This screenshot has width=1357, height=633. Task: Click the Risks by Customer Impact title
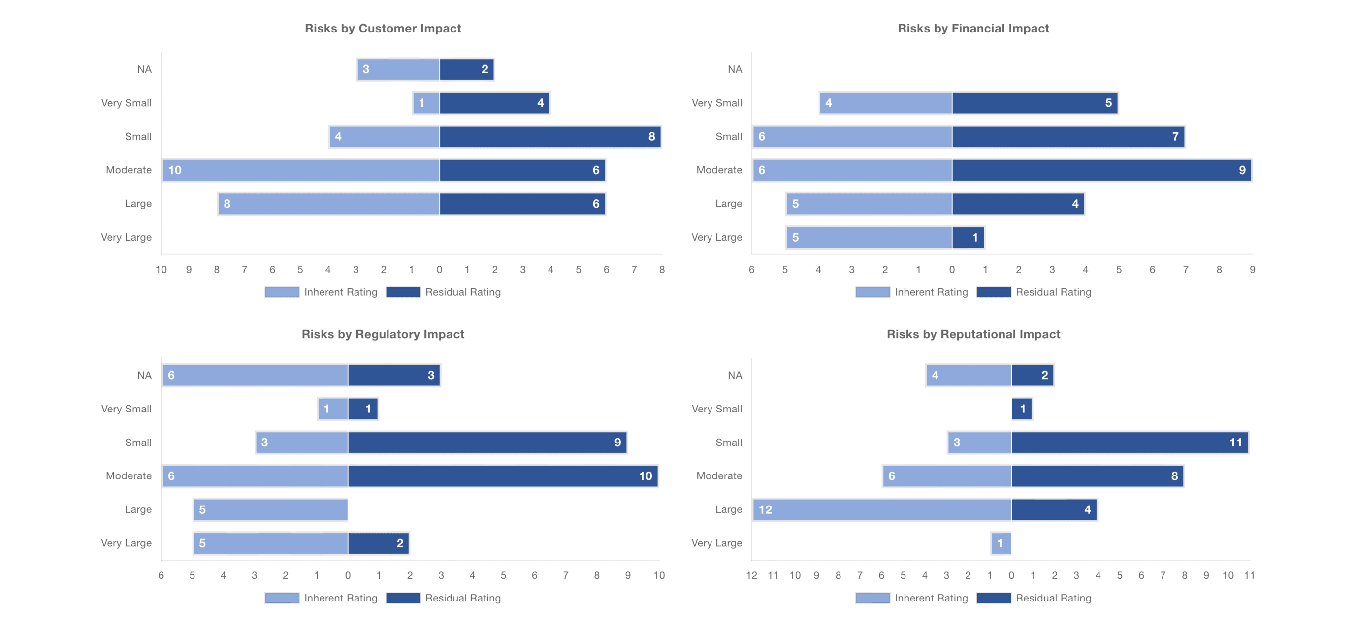pyautogui.click(x=383, y=29)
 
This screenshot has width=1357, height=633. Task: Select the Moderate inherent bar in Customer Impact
pyautogui.click(x=301, y=170)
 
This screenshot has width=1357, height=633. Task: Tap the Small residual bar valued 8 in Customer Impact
pyautogui.click(x=550, y=136)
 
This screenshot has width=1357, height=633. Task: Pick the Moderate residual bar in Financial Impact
pyautogui.click(x=1101, y=170)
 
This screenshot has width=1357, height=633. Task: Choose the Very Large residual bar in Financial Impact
pyautogui.click(x=968, y=238)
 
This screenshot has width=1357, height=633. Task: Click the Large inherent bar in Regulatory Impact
pyautogui.click(x=270, y=509)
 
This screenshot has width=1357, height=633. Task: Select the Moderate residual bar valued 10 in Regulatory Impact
pyautogui.click(x=503, y=476)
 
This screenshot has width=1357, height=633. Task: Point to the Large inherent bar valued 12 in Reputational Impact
pyautogui.click(x=882, y=509)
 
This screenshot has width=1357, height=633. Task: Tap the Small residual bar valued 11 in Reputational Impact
pyautogui.click(x=1130, y=443)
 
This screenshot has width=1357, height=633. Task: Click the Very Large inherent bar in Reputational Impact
pyautogui.click(x=1001, y=543)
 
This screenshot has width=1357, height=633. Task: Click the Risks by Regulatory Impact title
pyautogui.click(x=383, y=334)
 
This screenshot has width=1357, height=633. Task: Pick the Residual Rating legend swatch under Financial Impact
pyautogui.click(x=994, y=292)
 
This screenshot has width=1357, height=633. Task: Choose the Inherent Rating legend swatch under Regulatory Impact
pyautogui.click(x=282, y=598)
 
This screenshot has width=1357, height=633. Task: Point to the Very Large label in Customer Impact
pyautogui.click(x=127, y=238)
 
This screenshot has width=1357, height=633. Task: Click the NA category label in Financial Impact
pyautogui.click(x=735, y=69)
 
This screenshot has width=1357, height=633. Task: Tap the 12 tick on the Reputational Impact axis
pyautogui.click(x=752, y=575)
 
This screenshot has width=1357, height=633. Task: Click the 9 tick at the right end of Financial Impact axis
pyautogui.click(x=1252, y=270)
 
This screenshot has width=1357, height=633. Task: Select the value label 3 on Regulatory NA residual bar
pyautogui.click(x=431, y=375)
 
